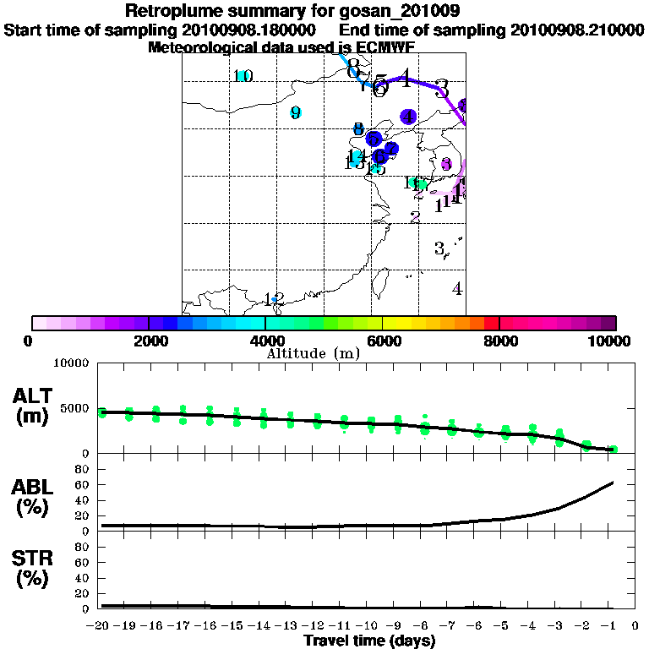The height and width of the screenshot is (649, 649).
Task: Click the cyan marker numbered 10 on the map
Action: [243, 76]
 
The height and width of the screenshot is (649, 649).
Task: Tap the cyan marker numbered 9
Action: [296, 112]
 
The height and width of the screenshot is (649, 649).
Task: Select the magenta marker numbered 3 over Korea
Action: [446, 165]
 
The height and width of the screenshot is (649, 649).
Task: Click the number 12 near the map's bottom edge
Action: [274, 299]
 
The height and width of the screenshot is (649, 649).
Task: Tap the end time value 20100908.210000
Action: [577, 30]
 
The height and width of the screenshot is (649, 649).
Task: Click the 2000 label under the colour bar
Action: [148, 341]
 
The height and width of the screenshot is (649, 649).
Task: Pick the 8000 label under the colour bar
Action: [499, 341]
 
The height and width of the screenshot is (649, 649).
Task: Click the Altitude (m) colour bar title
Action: [314, 353]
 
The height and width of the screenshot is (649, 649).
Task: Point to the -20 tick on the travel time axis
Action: [101, 626]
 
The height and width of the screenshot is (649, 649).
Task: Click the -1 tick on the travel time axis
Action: [614, 626]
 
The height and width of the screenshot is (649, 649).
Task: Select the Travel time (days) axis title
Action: [369, 641]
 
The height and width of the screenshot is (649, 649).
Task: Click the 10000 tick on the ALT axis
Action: [71, 363]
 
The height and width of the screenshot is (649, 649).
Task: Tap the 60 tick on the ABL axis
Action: [83, 484]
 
